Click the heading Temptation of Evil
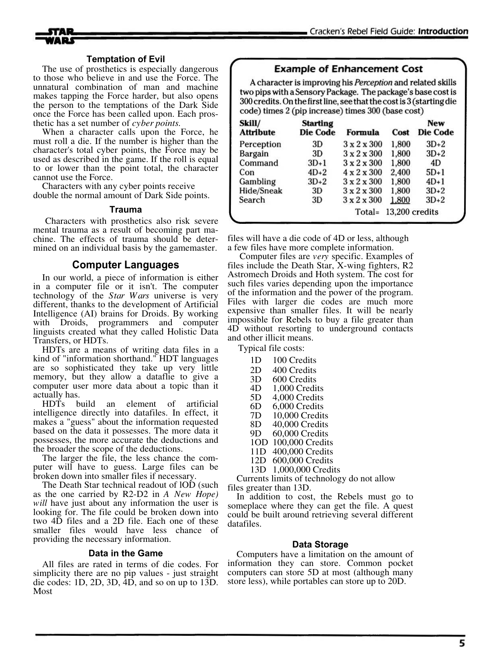[126, 59]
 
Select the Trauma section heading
[126, 209]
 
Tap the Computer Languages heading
[126, 265]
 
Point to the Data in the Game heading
[126, 554]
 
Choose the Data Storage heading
[320, 544]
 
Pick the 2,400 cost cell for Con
[400, 172]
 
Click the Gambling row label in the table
[257, 182]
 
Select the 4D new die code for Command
[436, 163]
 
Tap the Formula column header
[363, 132]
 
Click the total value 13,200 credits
[412, 212]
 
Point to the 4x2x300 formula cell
[363, 172]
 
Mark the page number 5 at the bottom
[462, 643]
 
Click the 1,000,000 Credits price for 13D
[306, 470]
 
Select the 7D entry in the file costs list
[256, 416]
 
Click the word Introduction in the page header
[443, 31]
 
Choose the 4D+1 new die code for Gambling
[436, 182]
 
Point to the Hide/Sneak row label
[261, 191]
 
